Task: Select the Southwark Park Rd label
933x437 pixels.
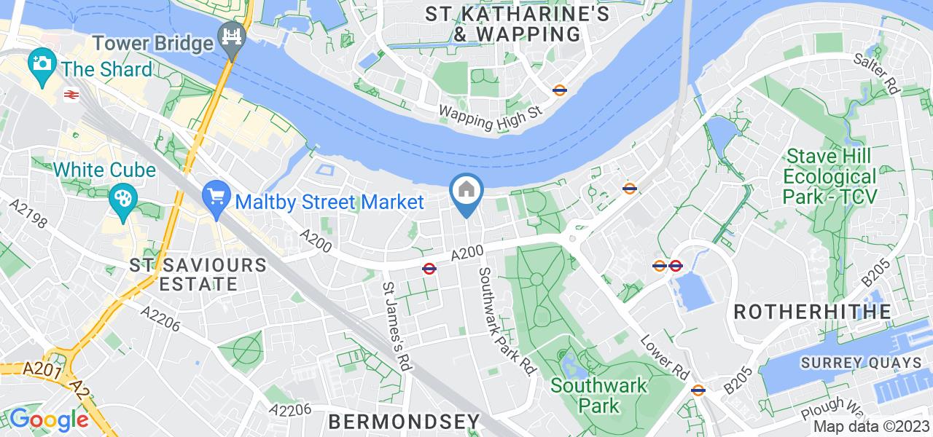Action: tap(504, 320)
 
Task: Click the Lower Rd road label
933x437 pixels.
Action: tap(664, 356)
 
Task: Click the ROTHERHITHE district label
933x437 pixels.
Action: tap(812, 312)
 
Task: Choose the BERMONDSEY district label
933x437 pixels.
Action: tap(405, 421)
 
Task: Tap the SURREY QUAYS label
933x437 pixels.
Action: tap(861, 363)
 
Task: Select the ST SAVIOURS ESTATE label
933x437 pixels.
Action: tap(198, 274)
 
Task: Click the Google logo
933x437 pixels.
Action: tap(49, 420)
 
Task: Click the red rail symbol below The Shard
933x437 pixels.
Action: tap(71, 95)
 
